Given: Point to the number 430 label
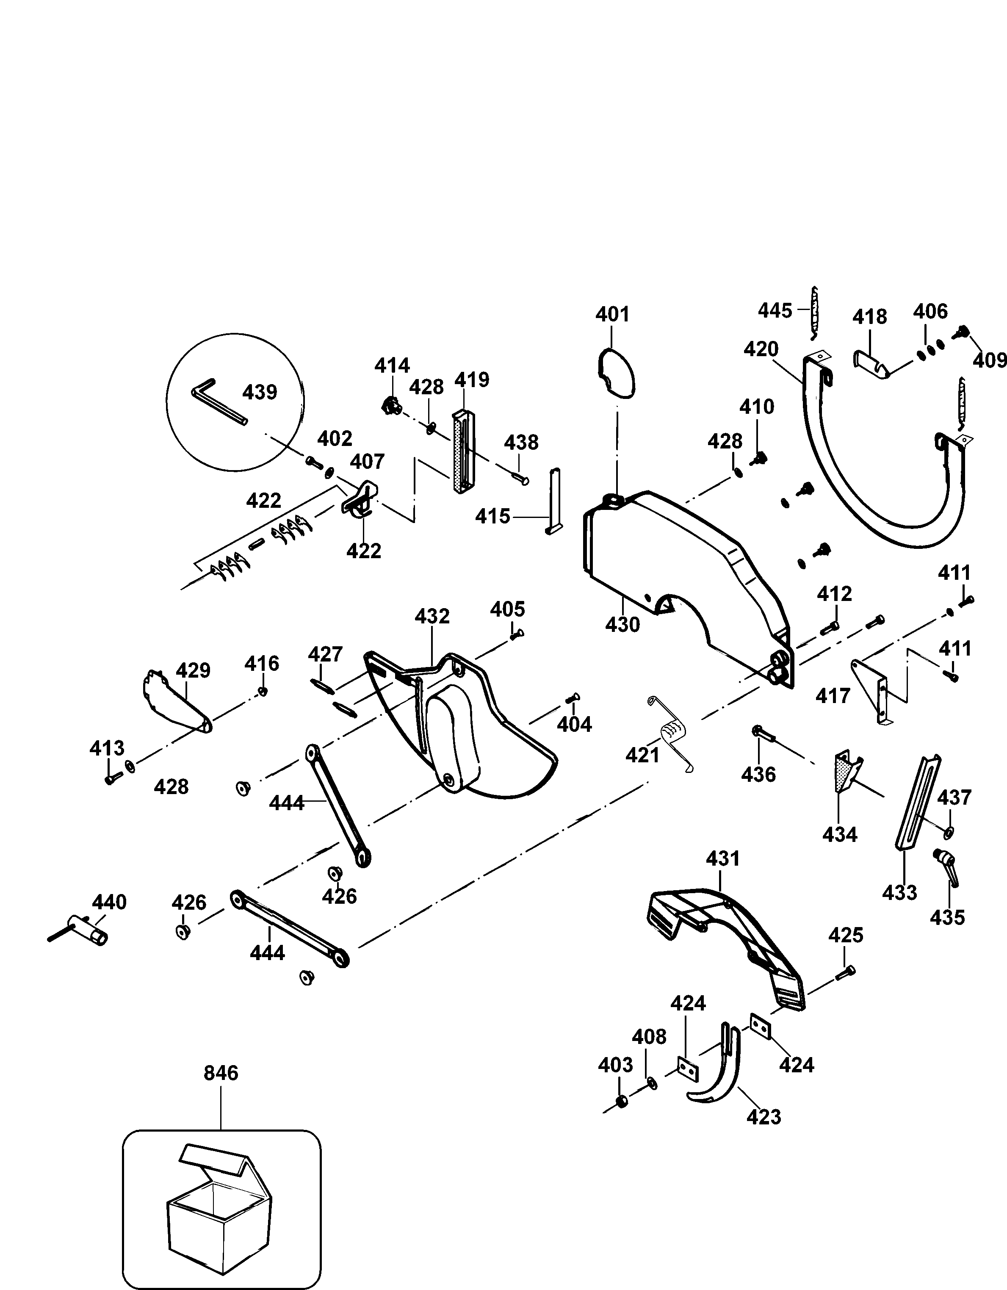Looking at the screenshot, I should [622, 624].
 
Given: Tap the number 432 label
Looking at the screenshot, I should [432, 617].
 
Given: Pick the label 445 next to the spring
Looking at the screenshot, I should [775, 310].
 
